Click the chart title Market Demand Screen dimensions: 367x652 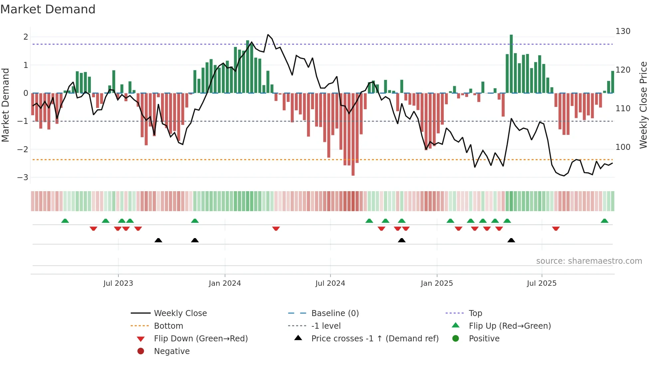tap(48, 9)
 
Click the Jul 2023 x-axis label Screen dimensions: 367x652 tap(118, 283)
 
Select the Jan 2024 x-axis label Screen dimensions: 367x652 tap(225, 283)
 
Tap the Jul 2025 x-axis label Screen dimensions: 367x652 tap(542, 283)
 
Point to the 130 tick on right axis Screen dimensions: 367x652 tap(623, 31)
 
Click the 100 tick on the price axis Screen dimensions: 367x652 tap(623, 147)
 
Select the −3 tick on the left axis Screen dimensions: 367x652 tap(23, 178)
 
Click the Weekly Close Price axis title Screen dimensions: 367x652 tap(643, 105)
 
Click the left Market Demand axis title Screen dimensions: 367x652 tap(6, 105)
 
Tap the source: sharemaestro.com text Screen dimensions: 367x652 tap(589, 261)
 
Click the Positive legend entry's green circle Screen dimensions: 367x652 tap(456, 339)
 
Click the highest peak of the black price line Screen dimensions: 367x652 tap(268, 35)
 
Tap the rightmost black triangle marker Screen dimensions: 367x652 tap(511, 240)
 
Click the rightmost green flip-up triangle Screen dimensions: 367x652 tap(604, 221)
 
